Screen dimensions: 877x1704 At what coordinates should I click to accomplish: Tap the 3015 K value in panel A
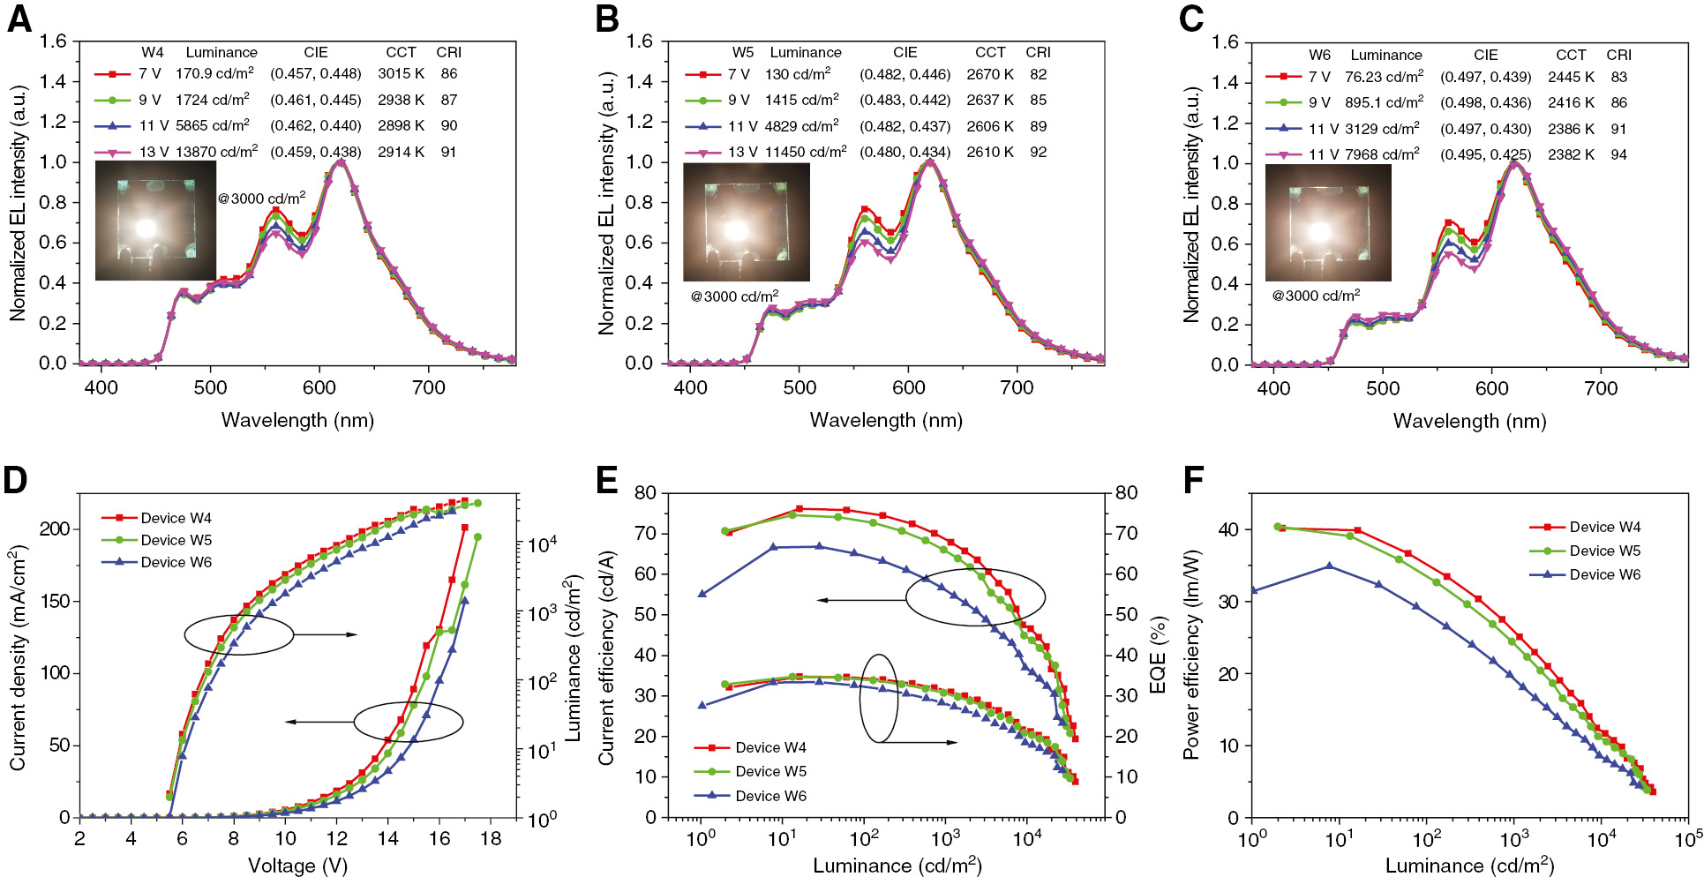click(x=401, y=74)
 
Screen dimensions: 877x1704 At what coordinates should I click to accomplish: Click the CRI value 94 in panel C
click(x=1618, y=154)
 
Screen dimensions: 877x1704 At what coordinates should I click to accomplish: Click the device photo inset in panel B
click(x=747, y=221)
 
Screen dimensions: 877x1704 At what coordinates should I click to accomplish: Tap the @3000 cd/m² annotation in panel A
click(x=262, y=199)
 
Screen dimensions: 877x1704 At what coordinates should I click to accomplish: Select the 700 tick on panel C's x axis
click(x=1601, y=389)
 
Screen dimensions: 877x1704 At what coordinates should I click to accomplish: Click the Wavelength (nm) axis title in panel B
click(x=886, y=421)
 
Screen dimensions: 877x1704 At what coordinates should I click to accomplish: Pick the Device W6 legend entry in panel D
click(x=176, y=562)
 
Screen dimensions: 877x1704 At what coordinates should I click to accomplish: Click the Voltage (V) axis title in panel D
click(x=297, y=866)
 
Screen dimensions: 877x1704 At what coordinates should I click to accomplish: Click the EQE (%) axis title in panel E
click(x=1159, y=655)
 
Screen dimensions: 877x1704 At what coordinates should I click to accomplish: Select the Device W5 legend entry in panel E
click(x=770, y=771)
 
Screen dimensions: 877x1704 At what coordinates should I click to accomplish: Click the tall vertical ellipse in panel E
click(x=879, y=698)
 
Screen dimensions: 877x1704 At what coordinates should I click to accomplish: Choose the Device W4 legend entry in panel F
click(x=1604, y=527)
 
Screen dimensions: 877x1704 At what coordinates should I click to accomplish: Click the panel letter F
click(x=1193, y=481)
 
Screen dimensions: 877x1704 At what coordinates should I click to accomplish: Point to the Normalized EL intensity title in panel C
click(x=1191, y=203)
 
